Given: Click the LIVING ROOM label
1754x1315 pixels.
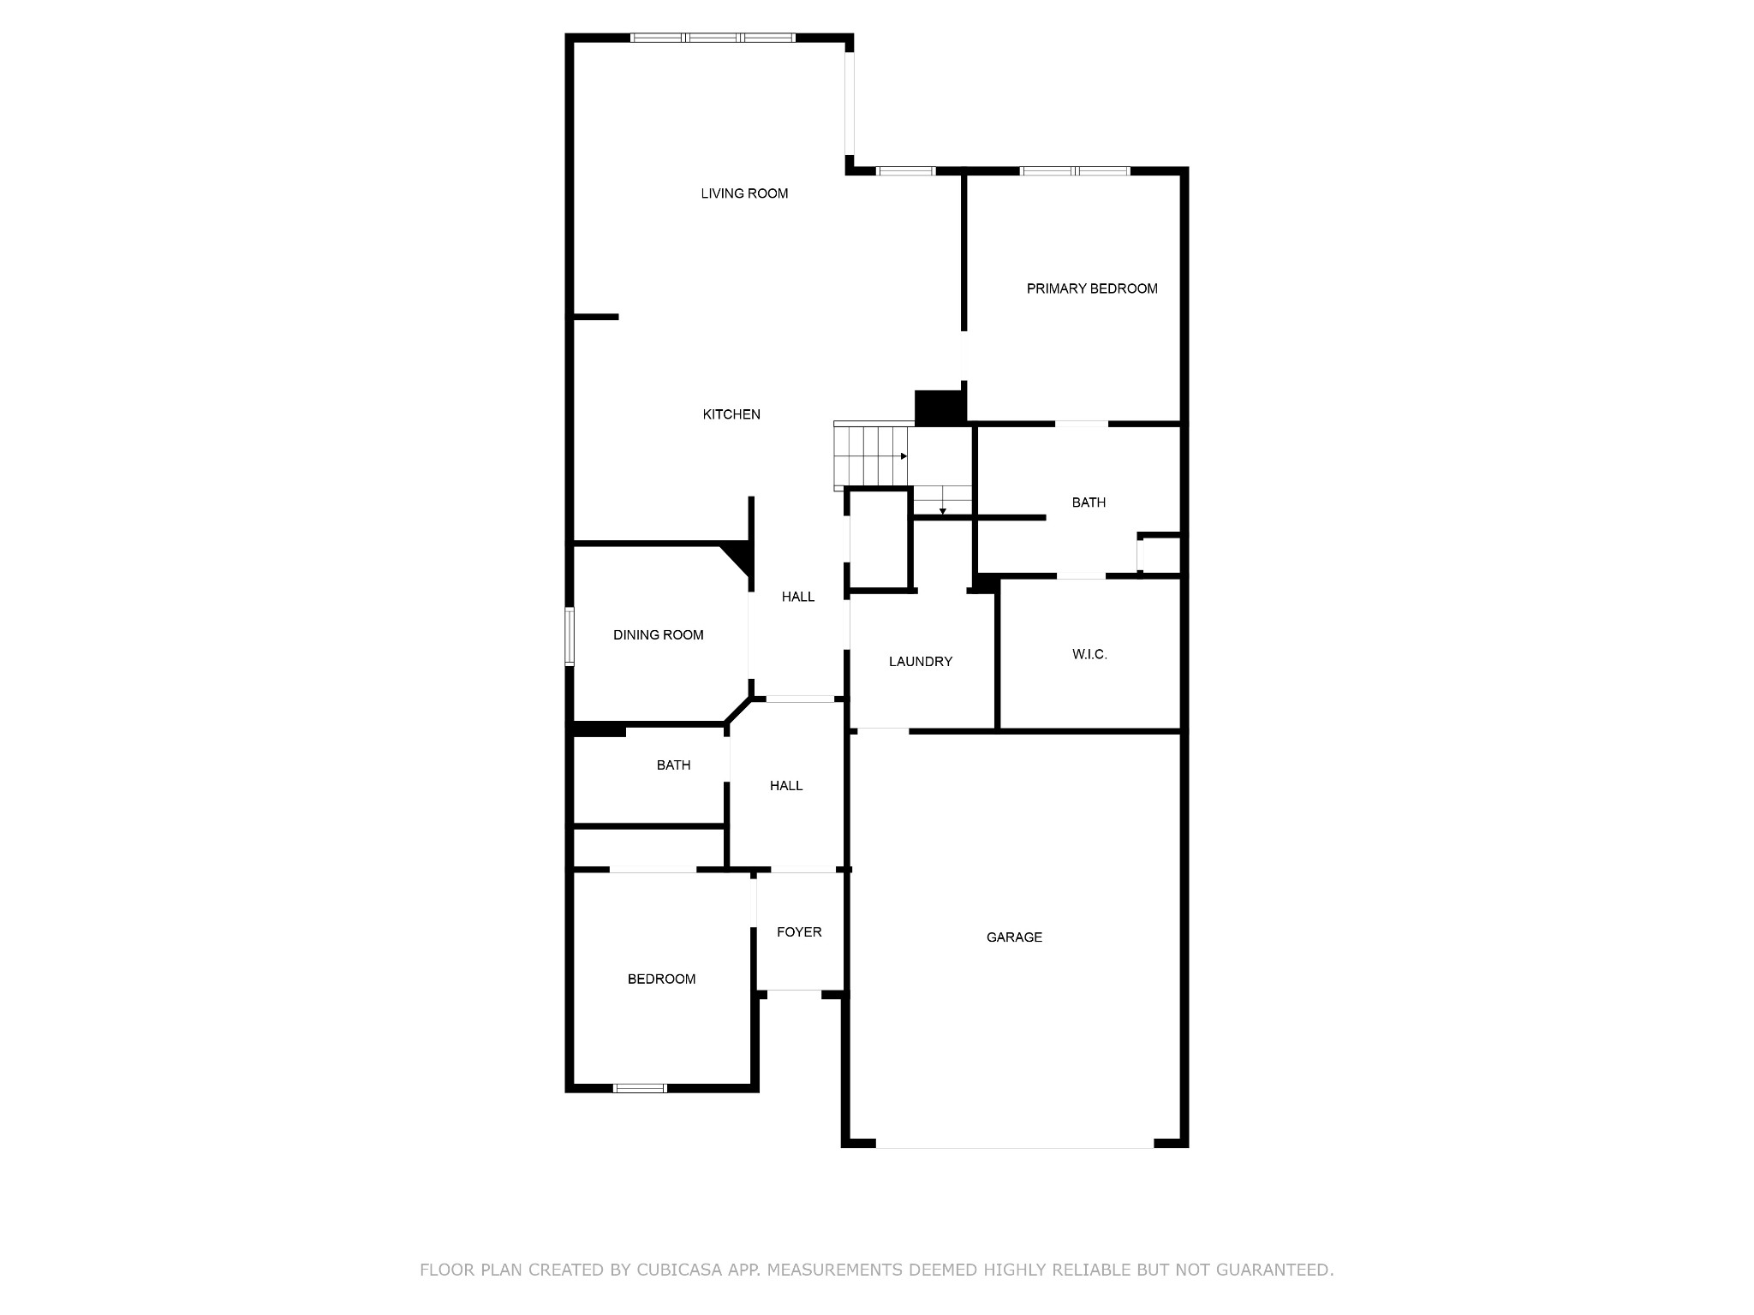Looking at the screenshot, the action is pyautogui.click(x=744, y=193).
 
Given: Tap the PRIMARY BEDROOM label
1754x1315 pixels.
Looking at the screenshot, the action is pyautogui.click(x=1092, y=289).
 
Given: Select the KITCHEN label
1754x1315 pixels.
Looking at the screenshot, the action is pyautogui.click(x=731, y=414).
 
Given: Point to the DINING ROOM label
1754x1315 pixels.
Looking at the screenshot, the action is pyautogui.click(x=658, y=634).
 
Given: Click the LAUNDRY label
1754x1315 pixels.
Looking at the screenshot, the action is pyautogui.click(x=921, y=661).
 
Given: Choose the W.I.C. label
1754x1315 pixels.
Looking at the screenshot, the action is pyautogui.click(x=1089, y=654).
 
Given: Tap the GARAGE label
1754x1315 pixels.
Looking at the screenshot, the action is pyautogui.click(x=1014, y=937).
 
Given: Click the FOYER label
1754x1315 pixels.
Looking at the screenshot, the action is pyautogui.click(x=799, y=931).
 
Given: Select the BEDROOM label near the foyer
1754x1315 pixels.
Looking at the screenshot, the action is pyautogui.click(x=661, y=979).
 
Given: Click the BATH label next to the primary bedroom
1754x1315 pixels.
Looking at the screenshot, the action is pyautogui.click(x=1089, y=503).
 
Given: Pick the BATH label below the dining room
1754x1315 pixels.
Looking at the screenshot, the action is pyautogui.click(x=673, y=765).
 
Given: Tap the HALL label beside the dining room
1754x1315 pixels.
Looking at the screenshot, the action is pyautogui.click(x=798, y=597).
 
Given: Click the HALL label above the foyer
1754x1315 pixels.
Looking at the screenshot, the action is pyautogui.click(x=786, y=785).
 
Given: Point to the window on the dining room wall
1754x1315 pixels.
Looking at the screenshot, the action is pyautogui.click(x=569, y=636).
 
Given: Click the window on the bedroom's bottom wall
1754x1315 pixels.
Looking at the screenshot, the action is pyautogui.click(x=640, y=1088).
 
